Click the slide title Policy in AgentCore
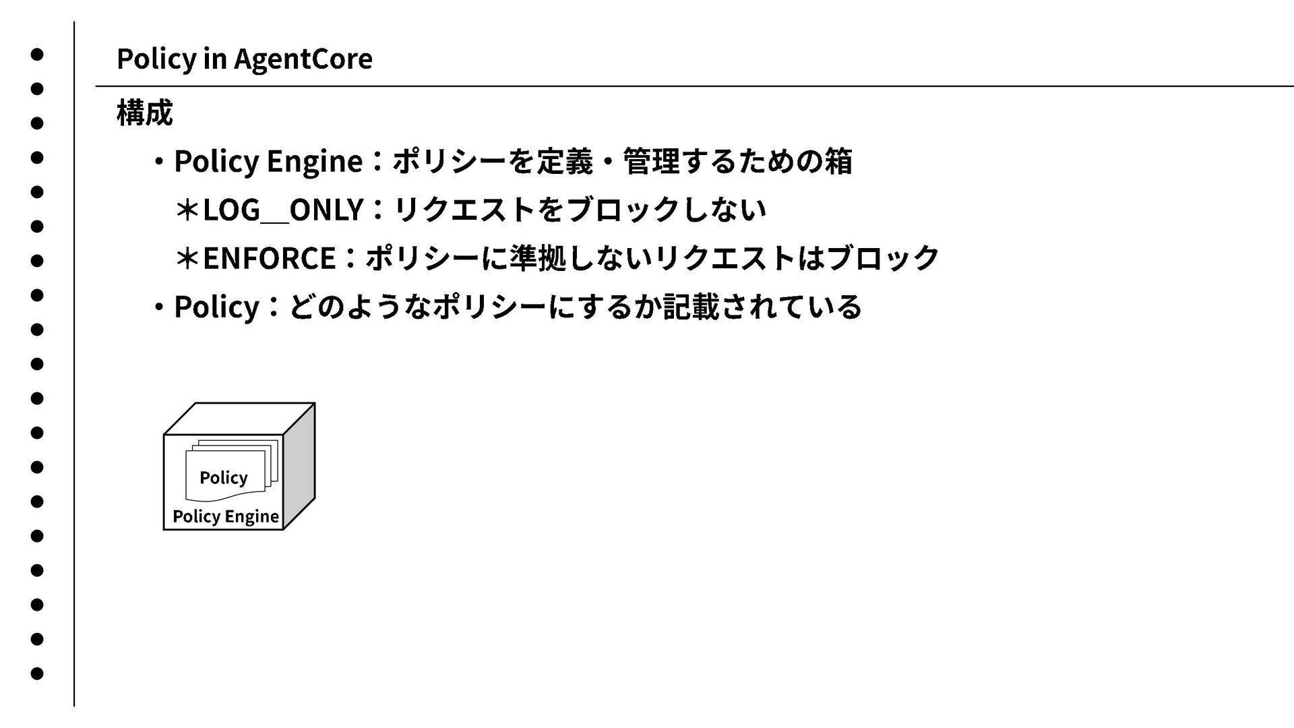pyautogui.click(x=244, y=59)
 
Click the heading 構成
pyautogui.click(x=144, y=113)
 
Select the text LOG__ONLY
pyautogui.click(x=283, y=210)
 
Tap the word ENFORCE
pyautogui.click(x=269, y=258)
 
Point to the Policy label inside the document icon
pyautogui.click(x=223, y=478)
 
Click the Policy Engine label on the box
pyautogui.click(x=225, y=516)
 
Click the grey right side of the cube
pyautogui.click(x=299, y=465)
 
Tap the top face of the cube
pyautogui.click(x=239, y=419)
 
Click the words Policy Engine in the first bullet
pyautogui.click(x=268, y=161)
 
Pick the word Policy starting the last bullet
pyautogui.click(x=216, y=307)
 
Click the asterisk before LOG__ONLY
pyautogui.click(x=187, y=210)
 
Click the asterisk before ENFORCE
pyautogui.click(x=187, y=258)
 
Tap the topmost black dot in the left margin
pyautogui.click(x=37, y=54)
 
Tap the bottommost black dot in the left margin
pyautogui.click(x=37, y=673)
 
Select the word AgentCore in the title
pyautogui.click(x=303, y=59)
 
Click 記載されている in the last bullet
pyautogui.click(x=762, y=307)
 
